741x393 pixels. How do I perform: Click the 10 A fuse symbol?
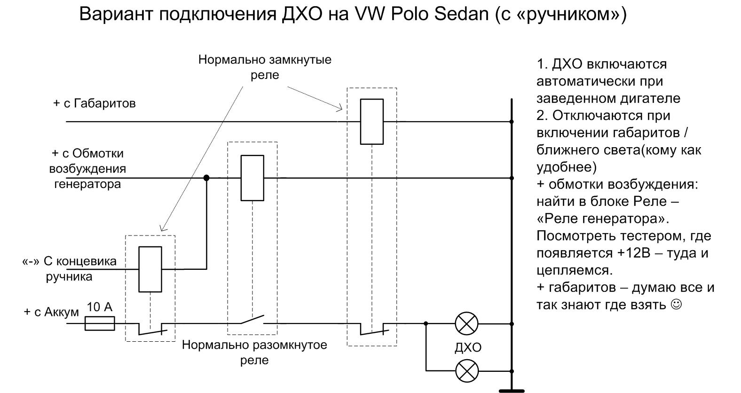click(x=100, y=323)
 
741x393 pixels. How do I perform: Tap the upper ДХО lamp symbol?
click(x=466, y=323)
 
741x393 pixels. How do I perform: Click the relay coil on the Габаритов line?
click(x=371, y=121)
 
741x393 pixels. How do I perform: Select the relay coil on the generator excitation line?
click(x=252, y=178)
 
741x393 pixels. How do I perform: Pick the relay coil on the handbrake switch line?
click(x=150, y=269)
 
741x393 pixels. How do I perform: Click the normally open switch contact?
click(x=252, y=321)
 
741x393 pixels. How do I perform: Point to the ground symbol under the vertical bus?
click(x=512, y=390)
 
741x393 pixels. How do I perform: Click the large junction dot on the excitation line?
click(x=206, y=178)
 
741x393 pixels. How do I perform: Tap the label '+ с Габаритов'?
click(x=94, y=103)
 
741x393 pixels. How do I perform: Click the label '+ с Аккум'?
click(x=51, y=312)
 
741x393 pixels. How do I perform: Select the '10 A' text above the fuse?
click(x=100, y=307)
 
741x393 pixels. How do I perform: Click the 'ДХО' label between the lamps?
click(x=468, y=347)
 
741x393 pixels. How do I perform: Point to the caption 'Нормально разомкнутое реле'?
click(x=254, y=352)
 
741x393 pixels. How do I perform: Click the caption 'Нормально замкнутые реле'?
click(x=265, y=67)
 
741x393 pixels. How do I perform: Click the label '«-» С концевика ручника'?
click(x=69, y=268)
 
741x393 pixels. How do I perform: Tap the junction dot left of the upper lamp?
click(x=426, y=323)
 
